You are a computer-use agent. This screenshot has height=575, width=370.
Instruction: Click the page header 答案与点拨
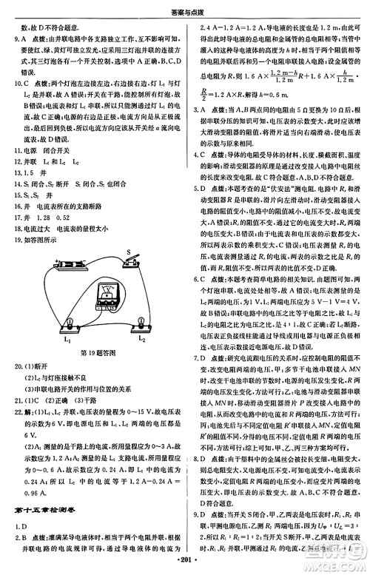tap(184, 9)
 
